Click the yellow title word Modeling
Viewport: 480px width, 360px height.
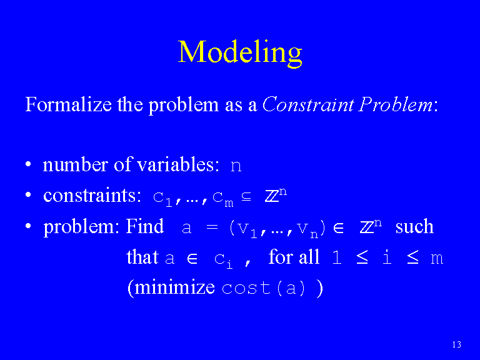point(240,53)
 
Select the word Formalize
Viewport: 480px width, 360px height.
point(69,104)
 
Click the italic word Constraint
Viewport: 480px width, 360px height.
point(308,104)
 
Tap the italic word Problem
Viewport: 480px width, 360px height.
point(396,104)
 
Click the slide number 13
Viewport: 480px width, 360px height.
point(456,344)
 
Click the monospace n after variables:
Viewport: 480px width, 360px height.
point(236,166)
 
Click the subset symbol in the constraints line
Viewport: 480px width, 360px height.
point(246,196)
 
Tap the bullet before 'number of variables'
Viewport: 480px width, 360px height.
point(28,164)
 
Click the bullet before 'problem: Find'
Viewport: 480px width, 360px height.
point(28,226)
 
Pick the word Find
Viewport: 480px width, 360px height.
point(145,226)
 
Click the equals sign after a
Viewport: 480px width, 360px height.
point(212,227)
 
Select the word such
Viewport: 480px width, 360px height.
point(414,226)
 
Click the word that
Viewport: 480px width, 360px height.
point(142,256)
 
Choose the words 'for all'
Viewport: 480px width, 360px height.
point(294,256)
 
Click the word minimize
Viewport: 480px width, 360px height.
point(174,287)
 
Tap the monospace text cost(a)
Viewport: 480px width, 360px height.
point(263,288)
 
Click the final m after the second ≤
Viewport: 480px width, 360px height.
point(437,259)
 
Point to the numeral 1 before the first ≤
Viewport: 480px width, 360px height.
point(337,257)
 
